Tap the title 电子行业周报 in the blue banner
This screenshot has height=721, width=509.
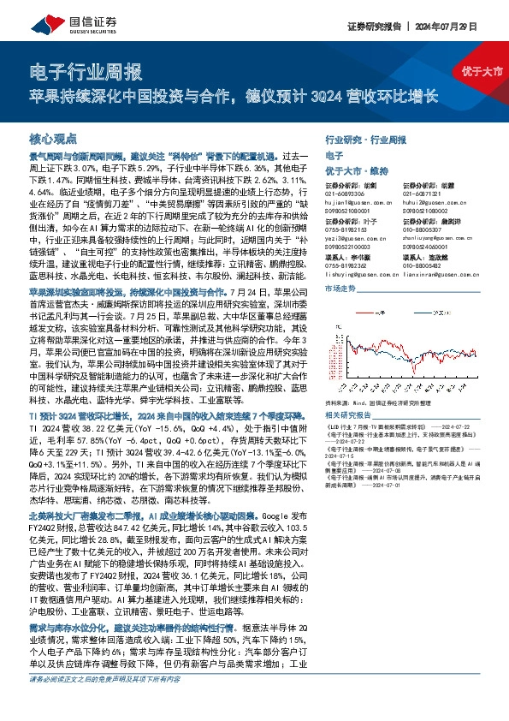coord(85,70)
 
